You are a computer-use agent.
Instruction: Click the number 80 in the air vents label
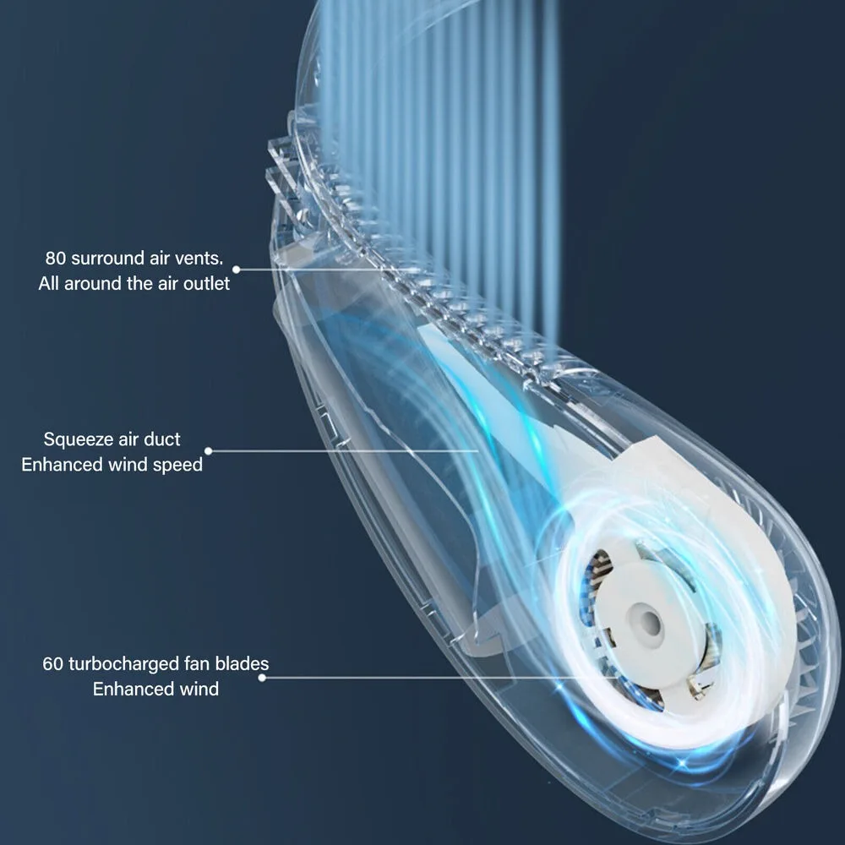[57, 258]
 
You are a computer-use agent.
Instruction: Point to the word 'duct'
[164, 439]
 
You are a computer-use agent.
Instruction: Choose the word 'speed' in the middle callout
[180, 465]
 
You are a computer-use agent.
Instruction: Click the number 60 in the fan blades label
[53, 663]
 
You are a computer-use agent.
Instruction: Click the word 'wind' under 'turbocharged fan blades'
[198, 689]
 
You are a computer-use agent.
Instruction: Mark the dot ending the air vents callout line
[237, 270]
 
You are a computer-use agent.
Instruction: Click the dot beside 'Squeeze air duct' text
[209, 451]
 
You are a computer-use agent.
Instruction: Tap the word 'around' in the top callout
[93, 283]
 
